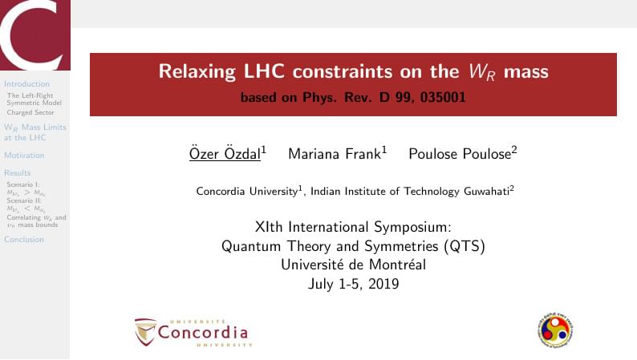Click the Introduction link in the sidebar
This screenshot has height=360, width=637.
(x=26, y=83)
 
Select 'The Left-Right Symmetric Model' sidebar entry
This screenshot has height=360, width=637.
(x=34, y=99)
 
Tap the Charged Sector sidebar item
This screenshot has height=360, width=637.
(x=30, y=112)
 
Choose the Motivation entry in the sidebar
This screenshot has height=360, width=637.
(x=24, y=155)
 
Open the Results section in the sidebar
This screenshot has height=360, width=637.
(x=18, y=172)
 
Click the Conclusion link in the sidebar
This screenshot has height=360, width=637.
(x=24, y=239)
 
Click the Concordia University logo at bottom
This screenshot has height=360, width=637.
(x=193, y=331)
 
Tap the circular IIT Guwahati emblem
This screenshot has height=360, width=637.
(x=554, y=329)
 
